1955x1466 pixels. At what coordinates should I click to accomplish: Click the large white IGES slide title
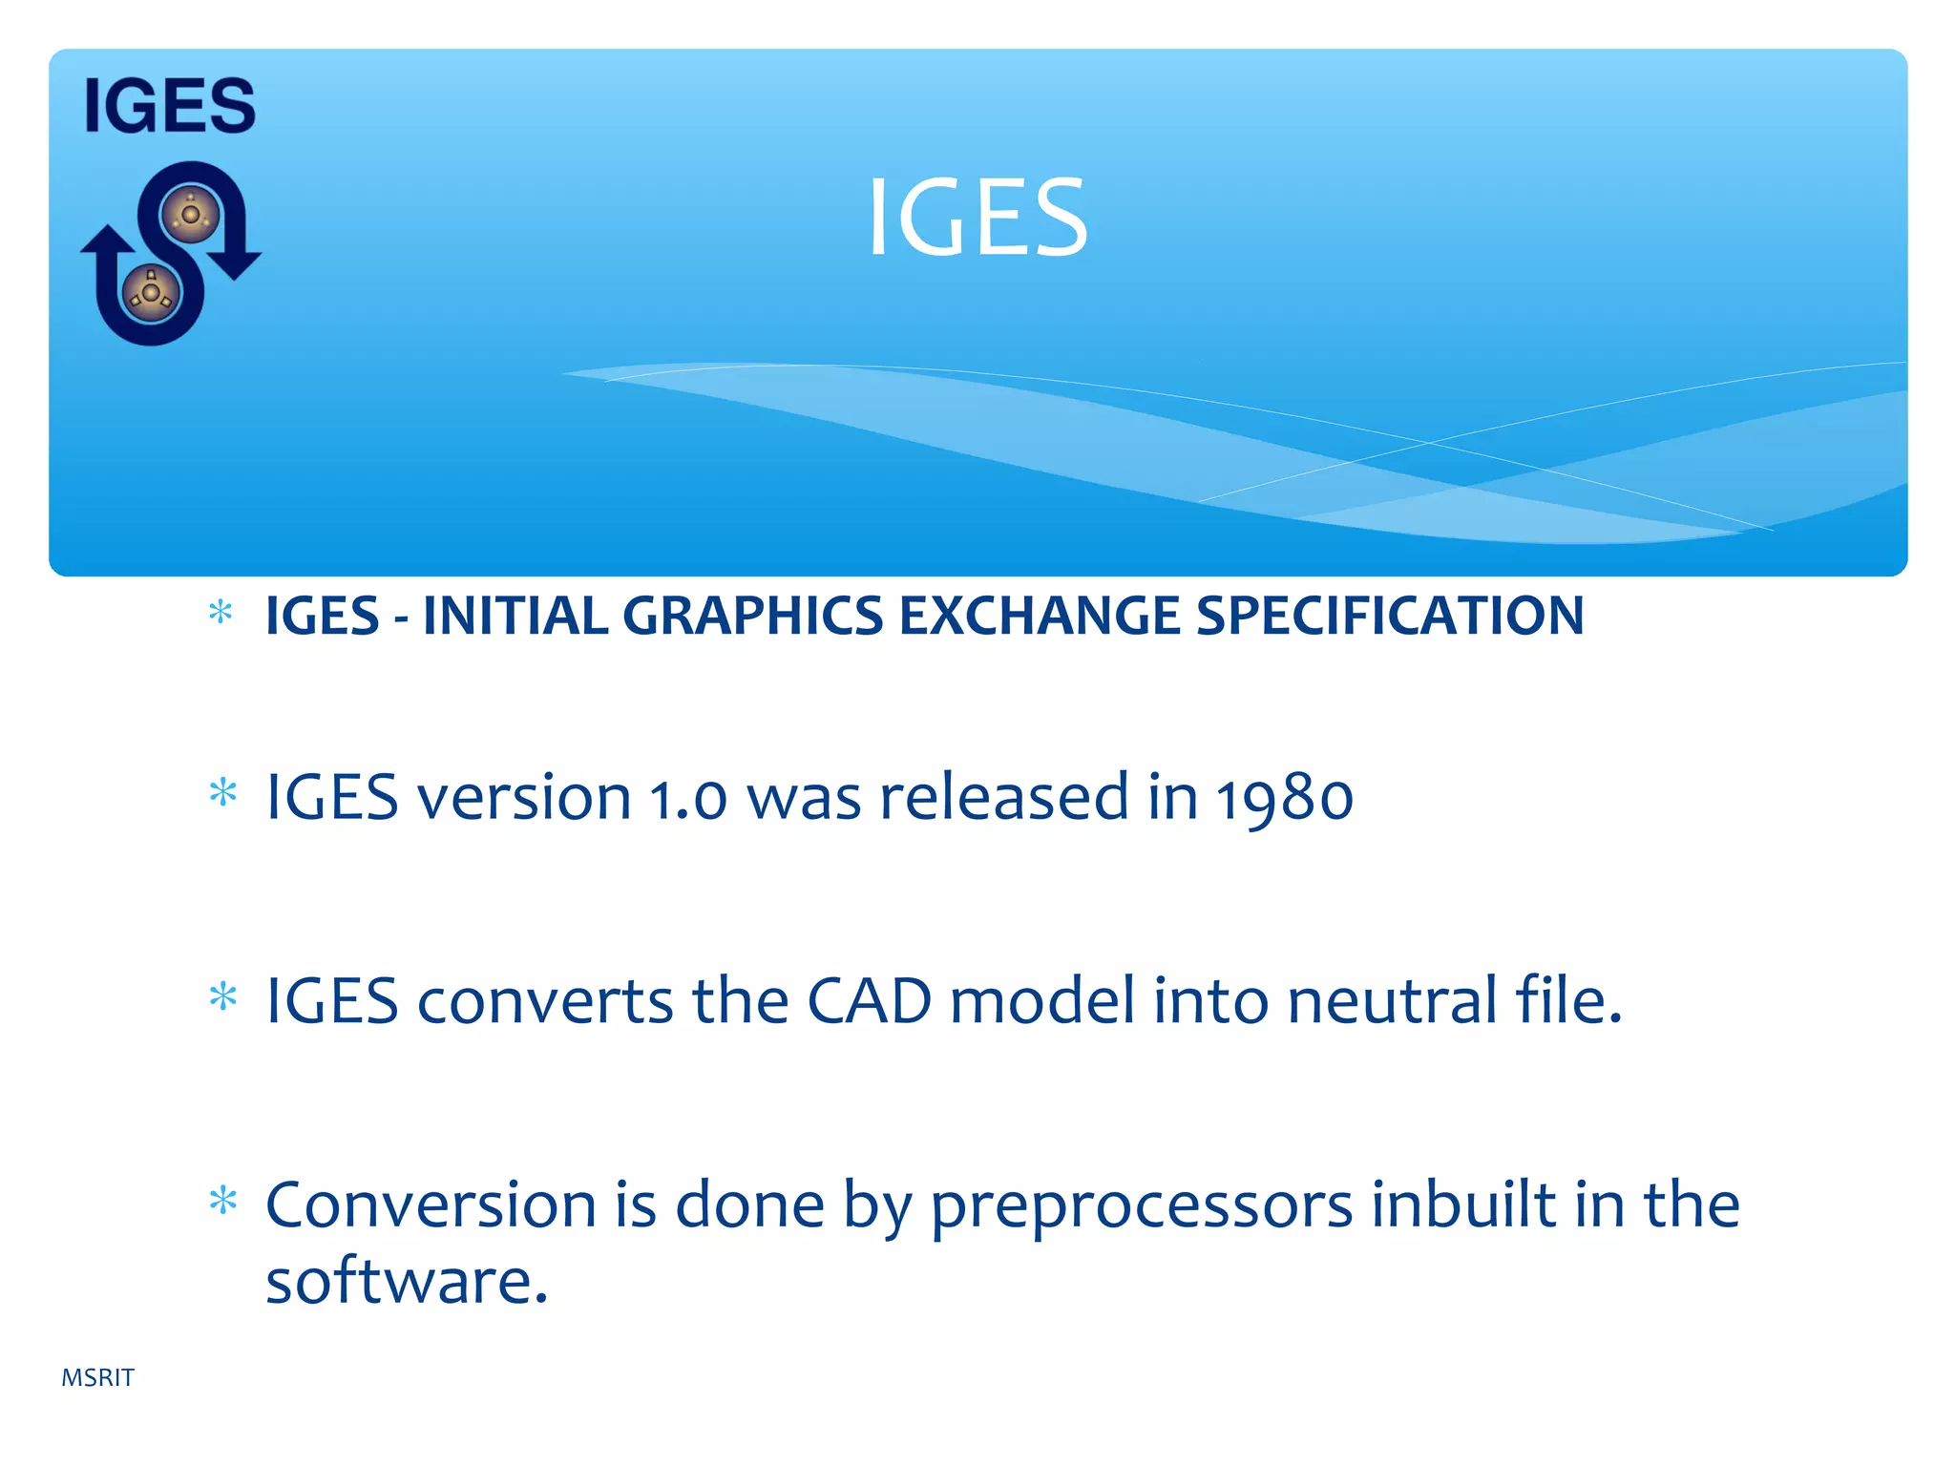(x=977, y=219)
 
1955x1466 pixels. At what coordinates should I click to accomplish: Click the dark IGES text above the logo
(x=170, y=106)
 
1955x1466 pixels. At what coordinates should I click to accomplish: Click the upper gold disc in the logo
(x=190, y=214)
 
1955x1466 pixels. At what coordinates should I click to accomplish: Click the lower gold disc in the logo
(x=151, y=291)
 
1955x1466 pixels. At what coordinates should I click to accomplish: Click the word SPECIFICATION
(x=1390, y=616)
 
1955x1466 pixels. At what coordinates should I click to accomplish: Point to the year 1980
(x=1284, y=798)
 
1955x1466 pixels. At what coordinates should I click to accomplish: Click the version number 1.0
(x=687, y=798)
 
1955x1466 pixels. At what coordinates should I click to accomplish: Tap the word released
(x=1003, y=796)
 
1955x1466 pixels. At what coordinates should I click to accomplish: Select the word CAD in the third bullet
(x=869, y=1001)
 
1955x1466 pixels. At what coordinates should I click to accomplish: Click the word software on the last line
(x=406, y=1281)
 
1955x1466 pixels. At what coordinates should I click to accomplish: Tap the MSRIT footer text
(x=97, y=1377)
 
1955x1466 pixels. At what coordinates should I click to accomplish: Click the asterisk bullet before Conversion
(x=222, y=1201)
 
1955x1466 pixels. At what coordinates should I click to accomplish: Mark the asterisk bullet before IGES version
(x=222, y=792)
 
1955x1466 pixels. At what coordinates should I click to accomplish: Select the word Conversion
(x=430, y=1204)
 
